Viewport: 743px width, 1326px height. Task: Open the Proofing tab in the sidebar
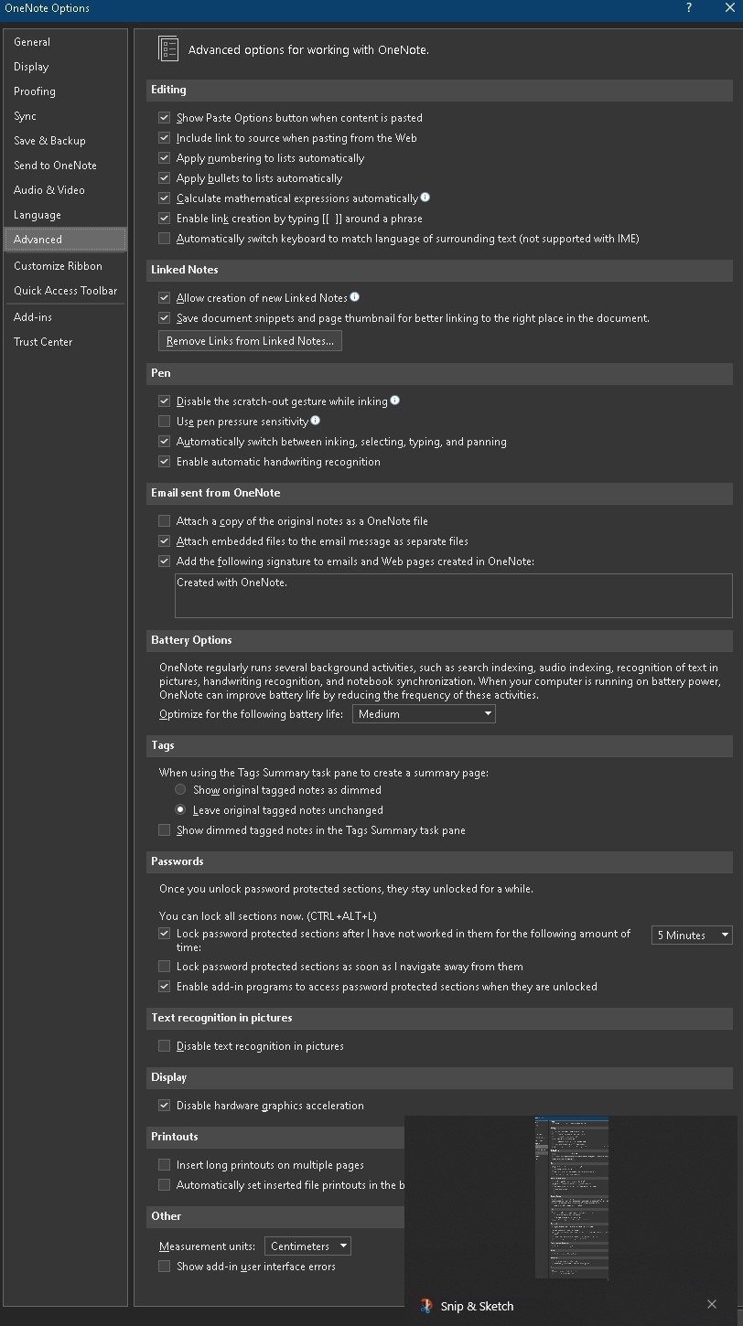35,91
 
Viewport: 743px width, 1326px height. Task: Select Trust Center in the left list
43,342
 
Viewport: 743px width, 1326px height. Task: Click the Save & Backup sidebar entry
49,141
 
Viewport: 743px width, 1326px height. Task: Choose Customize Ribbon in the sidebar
58,266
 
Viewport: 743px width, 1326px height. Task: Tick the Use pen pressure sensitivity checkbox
165,422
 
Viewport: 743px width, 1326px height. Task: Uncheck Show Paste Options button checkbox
165,118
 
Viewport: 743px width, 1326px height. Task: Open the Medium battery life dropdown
424,714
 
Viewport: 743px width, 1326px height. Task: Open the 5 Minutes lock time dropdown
692,936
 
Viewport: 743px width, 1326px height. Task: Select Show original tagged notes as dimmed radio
180,790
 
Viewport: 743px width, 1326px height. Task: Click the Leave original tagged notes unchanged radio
180,810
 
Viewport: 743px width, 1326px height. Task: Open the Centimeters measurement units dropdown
307,1246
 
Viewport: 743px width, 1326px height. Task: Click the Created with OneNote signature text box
453,594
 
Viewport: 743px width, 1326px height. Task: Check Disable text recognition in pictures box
165,1046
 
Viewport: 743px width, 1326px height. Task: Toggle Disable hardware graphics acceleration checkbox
165,1106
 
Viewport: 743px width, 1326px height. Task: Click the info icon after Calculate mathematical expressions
425,198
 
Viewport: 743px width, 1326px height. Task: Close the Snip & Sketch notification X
712,1305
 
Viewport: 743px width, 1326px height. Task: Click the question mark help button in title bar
689,8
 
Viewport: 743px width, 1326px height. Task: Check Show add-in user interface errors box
165,1267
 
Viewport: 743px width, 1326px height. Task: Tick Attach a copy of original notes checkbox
165,521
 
